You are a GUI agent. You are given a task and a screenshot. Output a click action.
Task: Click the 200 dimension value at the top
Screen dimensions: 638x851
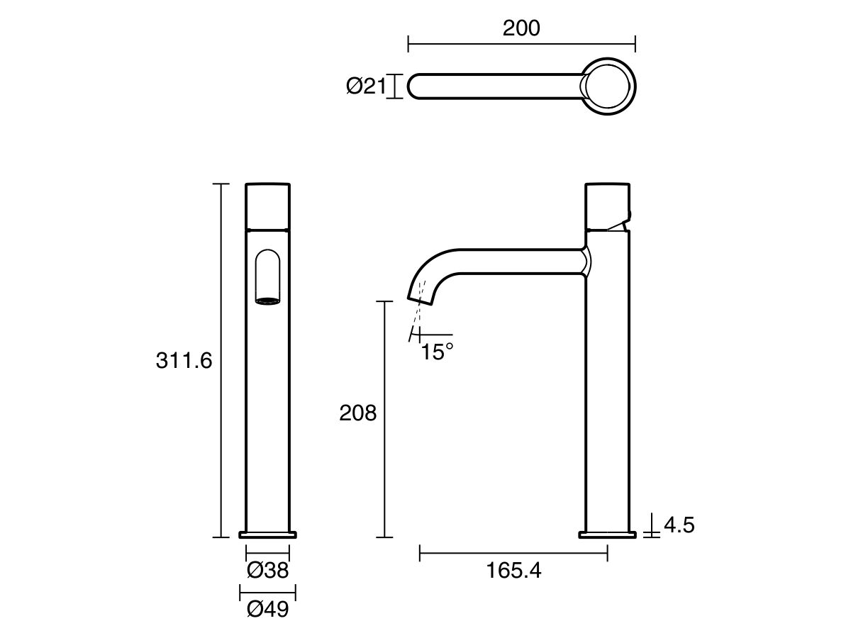tap(521, 28)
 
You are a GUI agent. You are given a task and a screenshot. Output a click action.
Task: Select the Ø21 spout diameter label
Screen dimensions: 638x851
tap(365, 86)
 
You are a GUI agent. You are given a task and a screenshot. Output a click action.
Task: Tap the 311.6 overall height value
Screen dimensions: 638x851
tap(184, 361)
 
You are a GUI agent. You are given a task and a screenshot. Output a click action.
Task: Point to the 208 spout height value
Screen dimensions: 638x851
tap(358, 413)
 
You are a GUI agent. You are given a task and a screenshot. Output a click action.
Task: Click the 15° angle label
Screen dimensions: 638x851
tap(437, 352)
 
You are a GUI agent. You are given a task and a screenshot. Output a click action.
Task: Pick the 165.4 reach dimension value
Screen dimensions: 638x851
tap(513, 571)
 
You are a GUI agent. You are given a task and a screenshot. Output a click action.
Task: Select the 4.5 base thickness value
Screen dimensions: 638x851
tap(679, 525)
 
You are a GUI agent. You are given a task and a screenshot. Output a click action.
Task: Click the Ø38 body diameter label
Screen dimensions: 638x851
tap(268, 570)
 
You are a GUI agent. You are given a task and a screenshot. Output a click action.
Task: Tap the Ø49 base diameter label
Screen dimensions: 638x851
tap(268, 609)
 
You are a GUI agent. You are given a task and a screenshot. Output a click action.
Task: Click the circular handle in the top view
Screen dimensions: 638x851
tap(608, 86)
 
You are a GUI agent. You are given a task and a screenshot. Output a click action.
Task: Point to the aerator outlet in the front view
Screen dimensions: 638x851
tap(267, 301)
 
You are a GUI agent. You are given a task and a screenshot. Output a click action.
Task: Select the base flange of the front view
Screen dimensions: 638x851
tap(268, 534)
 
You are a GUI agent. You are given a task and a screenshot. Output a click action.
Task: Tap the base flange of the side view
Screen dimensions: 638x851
tap(607, 534)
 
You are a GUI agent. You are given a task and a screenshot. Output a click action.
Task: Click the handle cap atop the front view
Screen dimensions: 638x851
tap(268, 206)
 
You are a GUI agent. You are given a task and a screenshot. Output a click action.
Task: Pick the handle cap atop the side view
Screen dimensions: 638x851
tap(607, 206)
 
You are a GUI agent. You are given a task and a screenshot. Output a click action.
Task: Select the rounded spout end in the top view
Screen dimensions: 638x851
tap(414, 86)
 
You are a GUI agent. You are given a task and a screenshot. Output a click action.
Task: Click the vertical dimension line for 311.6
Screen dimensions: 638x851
tap(222, 361)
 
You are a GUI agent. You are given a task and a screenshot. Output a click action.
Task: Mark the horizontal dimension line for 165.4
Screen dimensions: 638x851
tap(513, 553)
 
